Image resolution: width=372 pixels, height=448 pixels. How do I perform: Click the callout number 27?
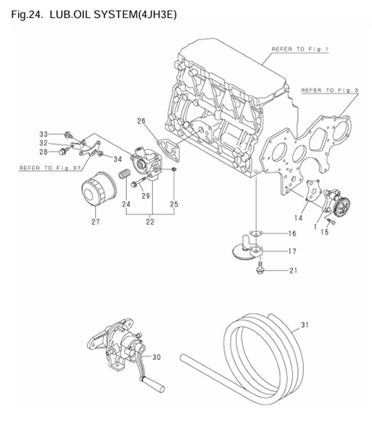95,221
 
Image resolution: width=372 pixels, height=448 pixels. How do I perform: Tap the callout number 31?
304,326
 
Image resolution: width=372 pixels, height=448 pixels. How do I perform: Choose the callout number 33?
43,134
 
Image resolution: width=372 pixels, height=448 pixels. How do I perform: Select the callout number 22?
150,222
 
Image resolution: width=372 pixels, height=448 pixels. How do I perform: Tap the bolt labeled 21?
259,270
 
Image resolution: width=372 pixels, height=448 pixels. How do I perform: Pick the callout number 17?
292,252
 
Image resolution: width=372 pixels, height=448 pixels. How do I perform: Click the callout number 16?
292,234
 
